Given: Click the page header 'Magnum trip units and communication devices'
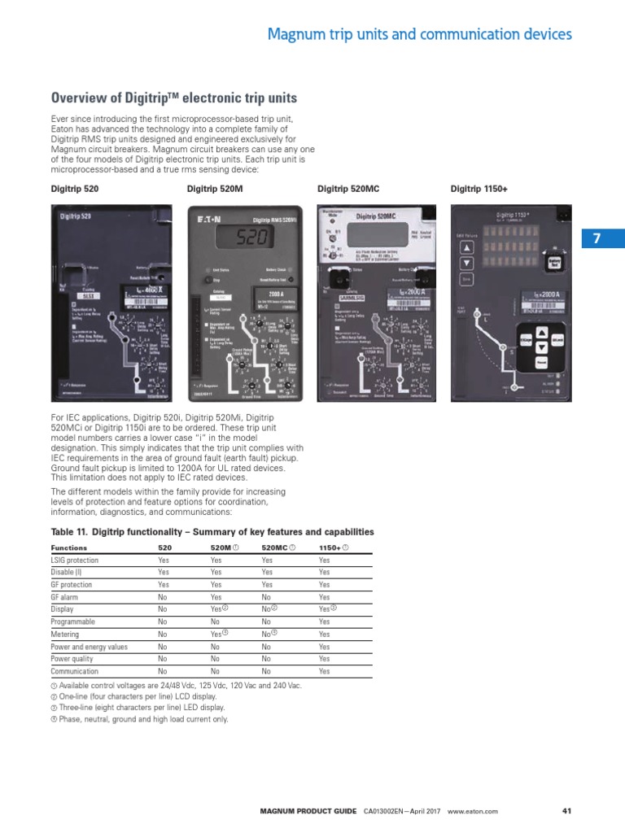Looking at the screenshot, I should click(420, 34).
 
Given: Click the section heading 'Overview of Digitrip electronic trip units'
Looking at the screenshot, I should click(174, 98).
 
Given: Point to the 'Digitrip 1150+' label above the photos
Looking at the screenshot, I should click(479, 189).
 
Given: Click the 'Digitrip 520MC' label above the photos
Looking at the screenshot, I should click(347, 189).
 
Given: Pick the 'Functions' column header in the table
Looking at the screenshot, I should click(69, 547).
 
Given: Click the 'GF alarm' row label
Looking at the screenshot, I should click(64, 596).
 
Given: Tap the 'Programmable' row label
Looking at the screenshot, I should click(73, 621).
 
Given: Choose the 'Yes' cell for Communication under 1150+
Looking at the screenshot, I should click(325, 671).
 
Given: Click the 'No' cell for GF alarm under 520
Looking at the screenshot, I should click(163, 596).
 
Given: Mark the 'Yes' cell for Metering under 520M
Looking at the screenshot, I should click(216, 634).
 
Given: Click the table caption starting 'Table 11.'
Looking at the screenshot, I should click(212, 532).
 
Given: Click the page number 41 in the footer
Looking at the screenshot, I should click(567, 811).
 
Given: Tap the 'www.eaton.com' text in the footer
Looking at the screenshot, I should click(472, 811).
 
